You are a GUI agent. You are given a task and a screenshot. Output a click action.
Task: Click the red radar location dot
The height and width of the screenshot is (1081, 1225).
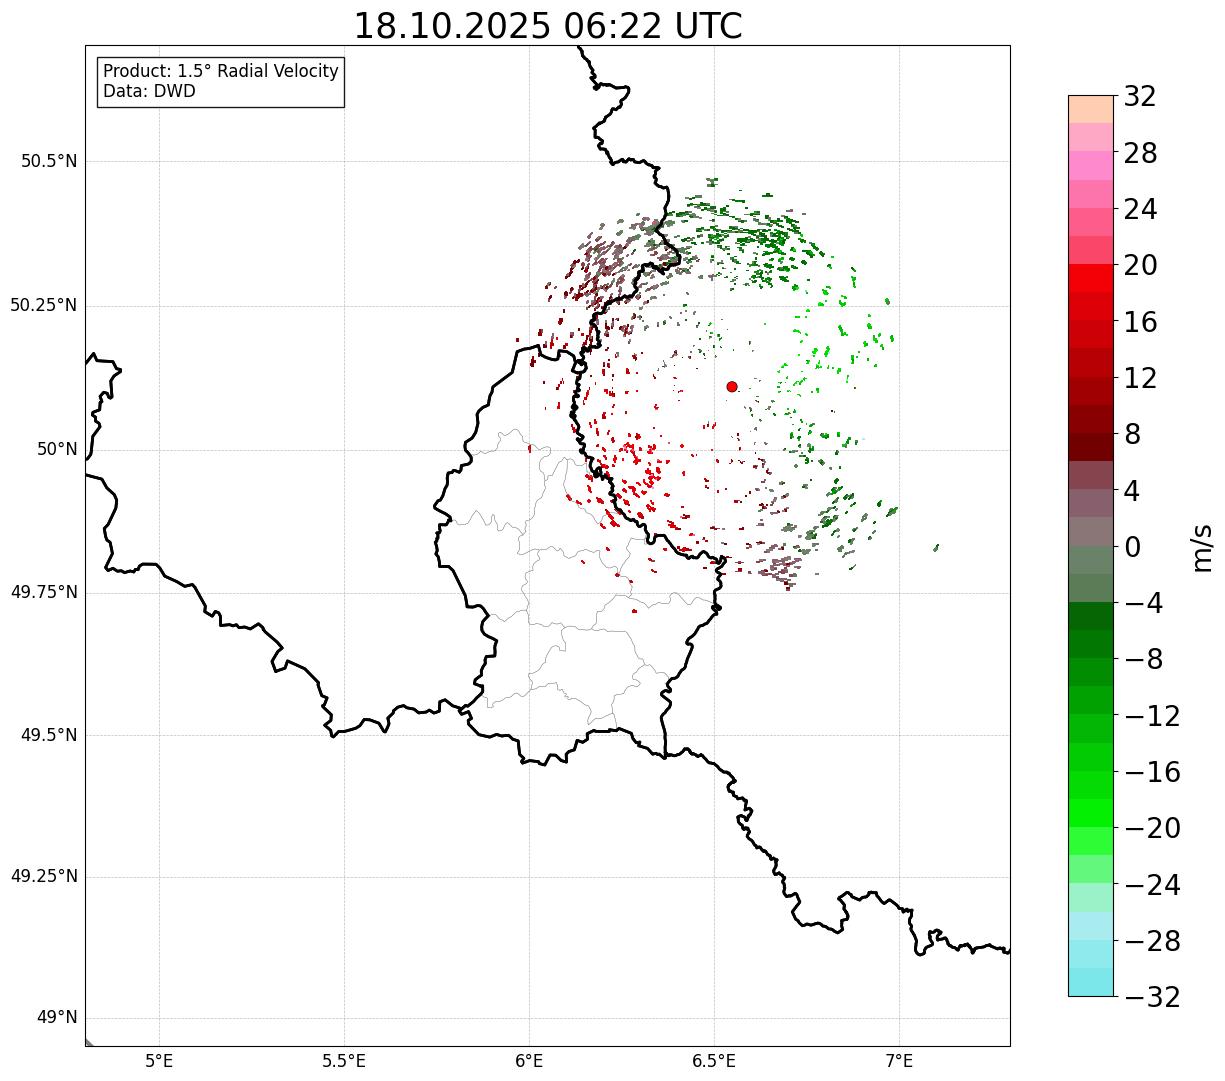pyautogui.click(x=732, y=386)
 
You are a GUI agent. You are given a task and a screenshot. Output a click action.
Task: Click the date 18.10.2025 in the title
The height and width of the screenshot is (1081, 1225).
pyautogui.click(x=452, y=26)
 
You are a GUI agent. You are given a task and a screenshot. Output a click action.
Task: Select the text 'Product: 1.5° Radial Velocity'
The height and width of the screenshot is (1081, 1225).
pyautogui.click(x=221, y=72)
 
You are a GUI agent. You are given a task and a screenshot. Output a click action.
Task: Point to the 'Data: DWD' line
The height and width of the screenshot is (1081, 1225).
pyautogui.click(x=150, y=91)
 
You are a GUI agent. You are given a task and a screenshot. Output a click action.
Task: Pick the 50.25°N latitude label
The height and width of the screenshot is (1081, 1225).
pyautogui.click(x=44, y=305)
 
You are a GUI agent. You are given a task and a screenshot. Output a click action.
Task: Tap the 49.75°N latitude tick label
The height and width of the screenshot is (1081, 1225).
pyautogui.click(x=44, y=592)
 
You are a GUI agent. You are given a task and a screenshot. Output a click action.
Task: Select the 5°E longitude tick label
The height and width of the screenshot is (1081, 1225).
pyautogui.click(x=160, y=1060)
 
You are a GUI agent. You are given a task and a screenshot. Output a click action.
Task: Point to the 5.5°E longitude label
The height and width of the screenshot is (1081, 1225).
pyautogui.click(x=344, y=1060)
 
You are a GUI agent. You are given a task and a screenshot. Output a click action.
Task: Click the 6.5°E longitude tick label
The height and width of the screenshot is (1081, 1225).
pyautogui.click(x=714, y=1060)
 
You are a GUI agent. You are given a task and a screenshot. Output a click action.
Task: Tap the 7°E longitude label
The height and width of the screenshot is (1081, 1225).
pyautogui.click(x=899, y=1060)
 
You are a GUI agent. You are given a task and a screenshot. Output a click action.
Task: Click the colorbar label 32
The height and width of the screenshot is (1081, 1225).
pyautogui.click(x=1140, y=97)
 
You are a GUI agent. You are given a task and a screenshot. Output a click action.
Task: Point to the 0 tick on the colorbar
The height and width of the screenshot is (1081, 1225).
pyautogui.click(x=1133, y=547)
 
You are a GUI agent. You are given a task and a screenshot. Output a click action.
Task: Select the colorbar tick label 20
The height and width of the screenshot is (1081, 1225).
pyautogui.click(x=1140, y=266)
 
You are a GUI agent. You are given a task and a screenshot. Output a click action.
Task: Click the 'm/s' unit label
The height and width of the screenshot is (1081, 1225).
pyautogui.click(x=1202, y=546)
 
